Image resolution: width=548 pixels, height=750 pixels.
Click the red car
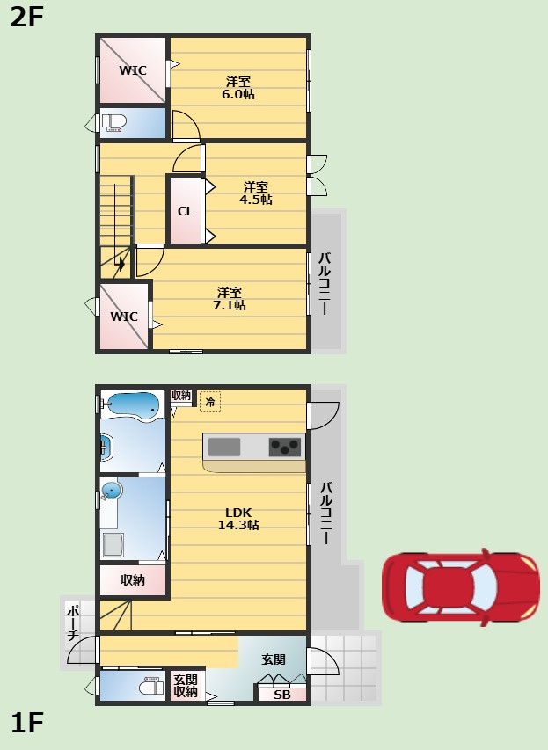coord(460,586)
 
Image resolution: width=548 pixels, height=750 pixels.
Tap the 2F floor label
coord(26,18)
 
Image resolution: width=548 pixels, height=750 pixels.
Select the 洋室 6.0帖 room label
coord(237,88)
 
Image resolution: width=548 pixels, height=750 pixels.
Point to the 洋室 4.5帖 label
coord(256,193)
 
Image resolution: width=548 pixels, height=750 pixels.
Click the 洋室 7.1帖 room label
coord(230,298)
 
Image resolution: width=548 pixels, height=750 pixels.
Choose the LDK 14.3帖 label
coord(238,519)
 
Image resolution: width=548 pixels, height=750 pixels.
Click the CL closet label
coord(186,211)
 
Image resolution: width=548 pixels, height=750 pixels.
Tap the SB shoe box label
coord(281,695)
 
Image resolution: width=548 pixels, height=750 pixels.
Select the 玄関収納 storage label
coord(186,686)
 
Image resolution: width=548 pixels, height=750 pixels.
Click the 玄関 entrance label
coord(274,659)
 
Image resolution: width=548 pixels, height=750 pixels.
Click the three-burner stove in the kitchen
coord(285,447)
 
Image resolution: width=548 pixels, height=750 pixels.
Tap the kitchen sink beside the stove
coord(224,448)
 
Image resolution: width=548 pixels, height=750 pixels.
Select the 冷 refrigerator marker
coord(210,401)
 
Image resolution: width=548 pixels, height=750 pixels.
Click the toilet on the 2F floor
coord(113,122)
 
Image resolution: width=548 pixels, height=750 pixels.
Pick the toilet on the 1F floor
coord(150,687)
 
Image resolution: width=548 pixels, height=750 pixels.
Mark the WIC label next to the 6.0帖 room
coord(133,70)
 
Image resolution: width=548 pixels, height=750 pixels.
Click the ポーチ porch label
coord(72,623)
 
